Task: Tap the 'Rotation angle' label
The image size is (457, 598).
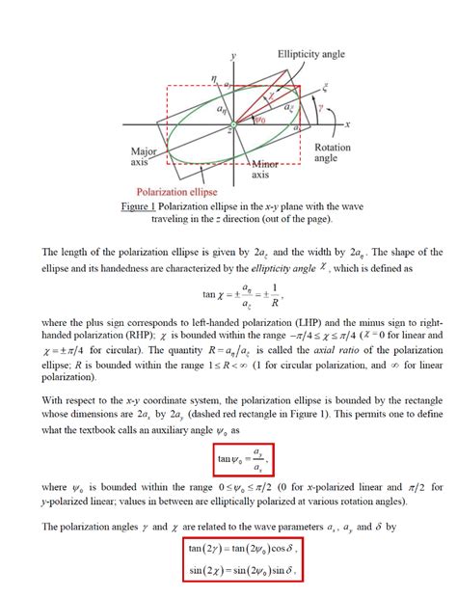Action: [x=333, y=154]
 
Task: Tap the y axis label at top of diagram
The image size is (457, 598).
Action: [x=232, y=58]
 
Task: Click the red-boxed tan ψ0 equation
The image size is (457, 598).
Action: [x=241, y=456]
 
